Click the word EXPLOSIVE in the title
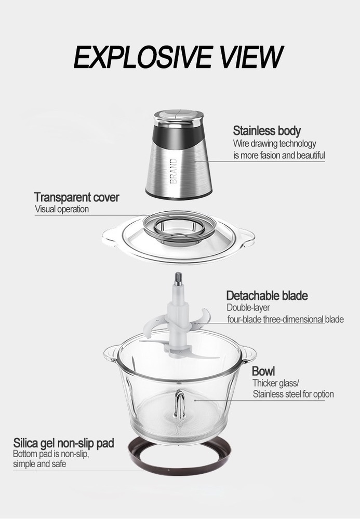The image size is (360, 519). coord(143,57)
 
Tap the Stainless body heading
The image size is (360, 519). coord(266,131)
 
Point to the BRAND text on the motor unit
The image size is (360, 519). coord(174,171)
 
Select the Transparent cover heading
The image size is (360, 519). coord(76,197)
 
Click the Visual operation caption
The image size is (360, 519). coord(62,209)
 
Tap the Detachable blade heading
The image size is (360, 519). coord(267,295)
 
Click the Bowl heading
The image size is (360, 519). coord(263,371)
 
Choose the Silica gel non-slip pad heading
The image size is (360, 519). coord(63,443)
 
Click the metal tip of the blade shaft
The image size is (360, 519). coord(179,278)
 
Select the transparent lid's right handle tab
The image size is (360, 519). coord(247,238)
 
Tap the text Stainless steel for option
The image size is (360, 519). coord(294,394)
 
